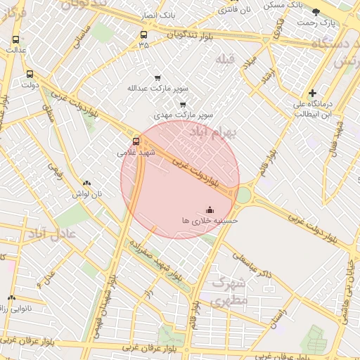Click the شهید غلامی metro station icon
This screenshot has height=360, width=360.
click(x=136, y=141)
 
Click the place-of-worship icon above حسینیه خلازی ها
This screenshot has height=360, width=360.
click(x=210, y=210)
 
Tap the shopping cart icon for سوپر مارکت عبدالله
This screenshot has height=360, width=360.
click(x=157, y=78)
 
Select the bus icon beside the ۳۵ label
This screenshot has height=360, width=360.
click(x=144, y=34)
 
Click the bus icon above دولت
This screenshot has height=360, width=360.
click(x=30, y=74)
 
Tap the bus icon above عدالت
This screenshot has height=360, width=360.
click(x=16, y=39)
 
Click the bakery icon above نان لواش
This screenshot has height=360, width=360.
click(x=86, y=182)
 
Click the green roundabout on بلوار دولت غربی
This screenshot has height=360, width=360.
click(x=243, y=193)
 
